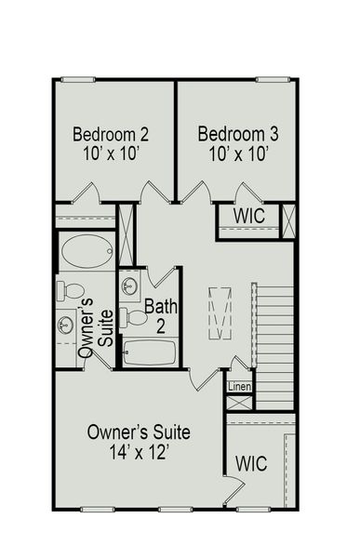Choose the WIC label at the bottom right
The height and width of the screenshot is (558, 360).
point(252,462)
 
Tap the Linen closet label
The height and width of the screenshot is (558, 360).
point(239,385)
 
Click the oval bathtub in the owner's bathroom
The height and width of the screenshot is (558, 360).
point(87,249)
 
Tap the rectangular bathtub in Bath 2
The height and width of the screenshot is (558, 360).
point(149,352)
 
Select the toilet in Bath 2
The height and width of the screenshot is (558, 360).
point(137,317)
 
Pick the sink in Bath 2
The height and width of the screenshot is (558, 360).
point(131,285)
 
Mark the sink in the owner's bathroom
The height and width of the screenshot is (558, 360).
point(66,325)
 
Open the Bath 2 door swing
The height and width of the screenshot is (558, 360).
point(160,275)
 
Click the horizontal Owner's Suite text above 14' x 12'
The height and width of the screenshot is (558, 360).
point(139,432)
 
